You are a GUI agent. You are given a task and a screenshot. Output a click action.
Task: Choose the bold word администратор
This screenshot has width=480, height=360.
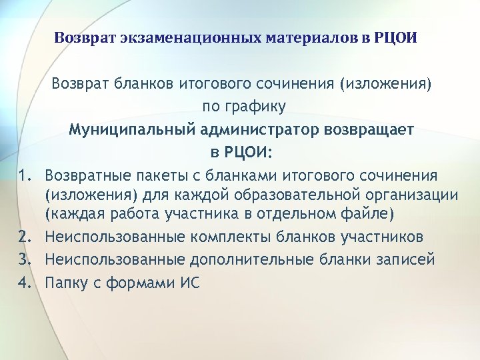coord(253,129)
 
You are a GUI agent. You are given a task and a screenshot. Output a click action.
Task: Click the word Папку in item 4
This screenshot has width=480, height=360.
coord(66,281)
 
